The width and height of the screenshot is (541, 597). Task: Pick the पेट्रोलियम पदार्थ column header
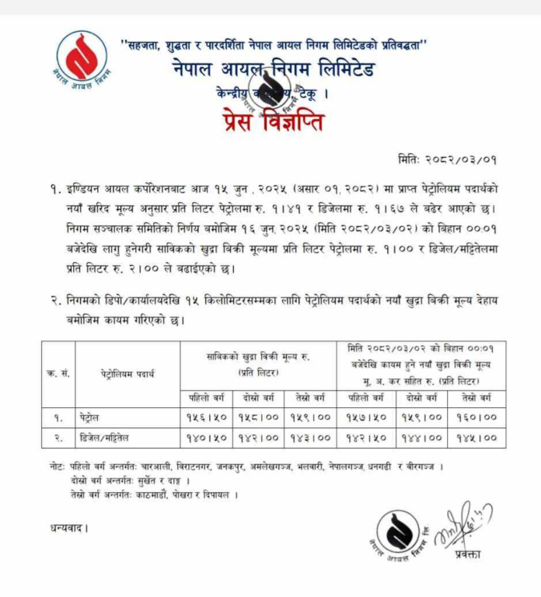click(127, 373)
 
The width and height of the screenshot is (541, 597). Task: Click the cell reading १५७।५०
click(369, 417)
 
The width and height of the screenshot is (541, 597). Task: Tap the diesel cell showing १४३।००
click(313, 438)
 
